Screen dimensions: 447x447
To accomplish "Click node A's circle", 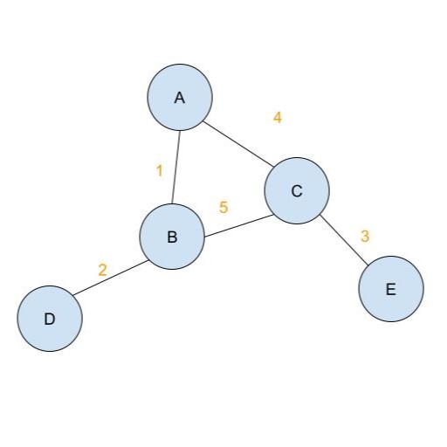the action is click(x=180, y=97).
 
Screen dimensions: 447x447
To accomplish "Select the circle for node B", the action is click(x=172, y=237).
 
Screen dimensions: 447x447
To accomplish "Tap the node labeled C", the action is click(x=297, y=190).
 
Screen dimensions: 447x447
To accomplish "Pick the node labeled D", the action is click(x=50, y=319).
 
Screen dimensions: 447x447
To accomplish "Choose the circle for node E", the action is click(x=391, y=289).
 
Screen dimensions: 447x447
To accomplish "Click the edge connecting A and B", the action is click(x=176, y=167).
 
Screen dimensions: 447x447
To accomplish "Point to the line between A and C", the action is click(x=238, y=144).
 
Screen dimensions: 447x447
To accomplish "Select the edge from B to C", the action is click(x=238, y=226).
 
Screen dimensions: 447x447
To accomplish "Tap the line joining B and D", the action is click(x=111, y=278).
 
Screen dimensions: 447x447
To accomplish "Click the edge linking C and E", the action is click(x=344, y=240).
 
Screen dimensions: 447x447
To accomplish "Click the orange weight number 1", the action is click(x=160, y=171).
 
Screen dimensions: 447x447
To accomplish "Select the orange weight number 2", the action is click(x=102, y=270).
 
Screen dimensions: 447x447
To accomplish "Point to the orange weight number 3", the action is click(x=365, y=236).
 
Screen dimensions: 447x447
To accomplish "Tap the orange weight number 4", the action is click(x=278, y=118).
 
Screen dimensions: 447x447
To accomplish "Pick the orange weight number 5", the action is click(x=223, y=207).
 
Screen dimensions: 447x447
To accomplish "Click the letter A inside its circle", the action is click(x=180, y=98).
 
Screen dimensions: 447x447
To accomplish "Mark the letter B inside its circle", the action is click(x=172, y=237).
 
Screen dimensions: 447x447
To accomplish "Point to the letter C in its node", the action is click(x=297, y=191).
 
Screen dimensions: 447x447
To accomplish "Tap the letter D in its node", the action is click(x=50, y=319).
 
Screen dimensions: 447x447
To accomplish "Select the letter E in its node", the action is click(x=391, y=290).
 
